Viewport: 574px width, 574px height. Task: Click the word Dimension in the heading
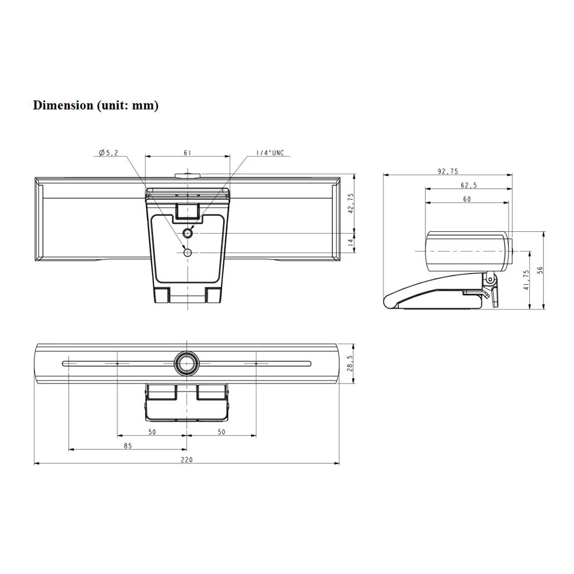(x=63, y=106)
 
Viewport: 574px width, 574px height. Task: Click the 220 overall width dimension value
(x=187, y=460)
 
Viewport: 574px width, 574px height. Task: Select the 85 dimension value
(x=128, y=446)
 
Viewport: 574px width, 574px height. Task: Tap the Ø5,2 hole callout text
(x=108, y=153)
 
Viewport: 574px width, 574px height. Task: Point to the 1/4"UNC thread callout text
(x=270, y=153)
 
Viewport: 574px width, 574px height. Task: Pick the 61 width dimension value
(x=188, y=153)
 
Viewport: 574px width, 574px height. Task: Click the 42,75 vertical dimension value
(x=351, y=204)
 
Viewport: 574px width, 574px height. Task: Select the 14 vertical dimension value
(x=351, y=242)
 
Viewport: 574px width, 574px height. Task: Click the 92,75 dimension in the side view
(x=448, y=171)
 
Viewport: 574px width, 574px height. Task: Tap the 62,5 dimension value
(x=469, y=185)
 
